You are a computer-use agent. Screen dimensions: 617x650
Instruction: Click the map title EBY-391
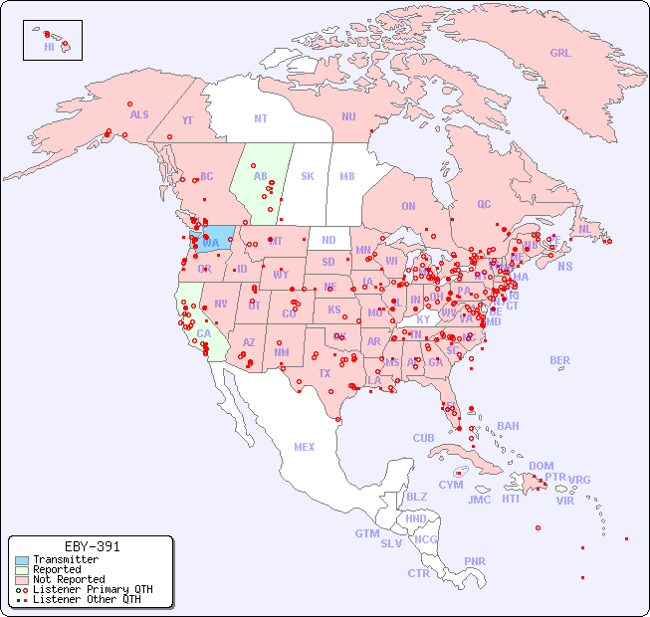(92, 546)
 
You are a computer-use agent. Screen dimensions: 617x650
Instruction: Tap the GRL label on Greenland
(560, 54)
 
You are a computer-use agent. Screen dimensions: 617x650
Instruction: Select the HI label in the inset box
(49, 47)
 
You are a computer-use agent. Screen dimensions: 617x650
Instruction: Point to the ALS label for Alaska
(139, 114)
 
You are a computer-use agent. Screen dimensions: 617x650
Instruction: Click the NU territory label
(348, 116)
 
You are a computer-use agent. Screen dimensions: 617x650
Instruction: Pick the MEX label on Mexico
(305, 447)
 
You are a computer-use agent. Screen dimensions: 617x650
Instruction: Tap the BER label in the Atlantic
(560, 360)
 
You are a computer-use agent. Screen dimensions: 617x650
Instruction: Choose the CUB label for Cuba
(423, 438)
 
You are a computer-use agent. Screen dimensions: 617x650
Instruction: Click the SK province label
(307, 176)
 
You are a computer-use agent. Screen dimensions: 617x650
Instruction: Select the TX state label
(325, 373)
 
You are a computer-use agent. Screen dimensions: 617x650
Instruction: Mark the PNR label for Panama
(475, 561)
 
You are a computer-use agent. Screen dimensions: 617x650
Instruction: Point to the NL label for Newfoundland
(585, 229)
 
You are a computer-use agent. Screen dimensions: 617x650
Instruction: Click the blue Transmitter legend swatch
(21, 560)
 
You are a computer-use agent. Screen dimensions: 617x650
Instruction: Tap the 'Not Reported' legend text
(69, 579)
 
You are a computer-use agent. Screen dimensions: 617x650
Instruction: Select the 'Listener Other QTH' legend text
(87, 599)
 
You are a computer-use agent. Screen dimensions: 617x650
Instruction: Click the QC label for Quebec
(484, 204)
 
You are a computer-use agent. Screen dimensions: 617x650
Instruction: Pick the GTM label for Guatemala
(366, 533)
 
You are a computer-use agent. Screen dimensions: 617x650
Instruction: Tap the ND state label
(328, 240)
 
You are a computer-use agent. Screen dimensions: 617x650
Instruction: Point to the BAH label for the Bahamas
(508, 426)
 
